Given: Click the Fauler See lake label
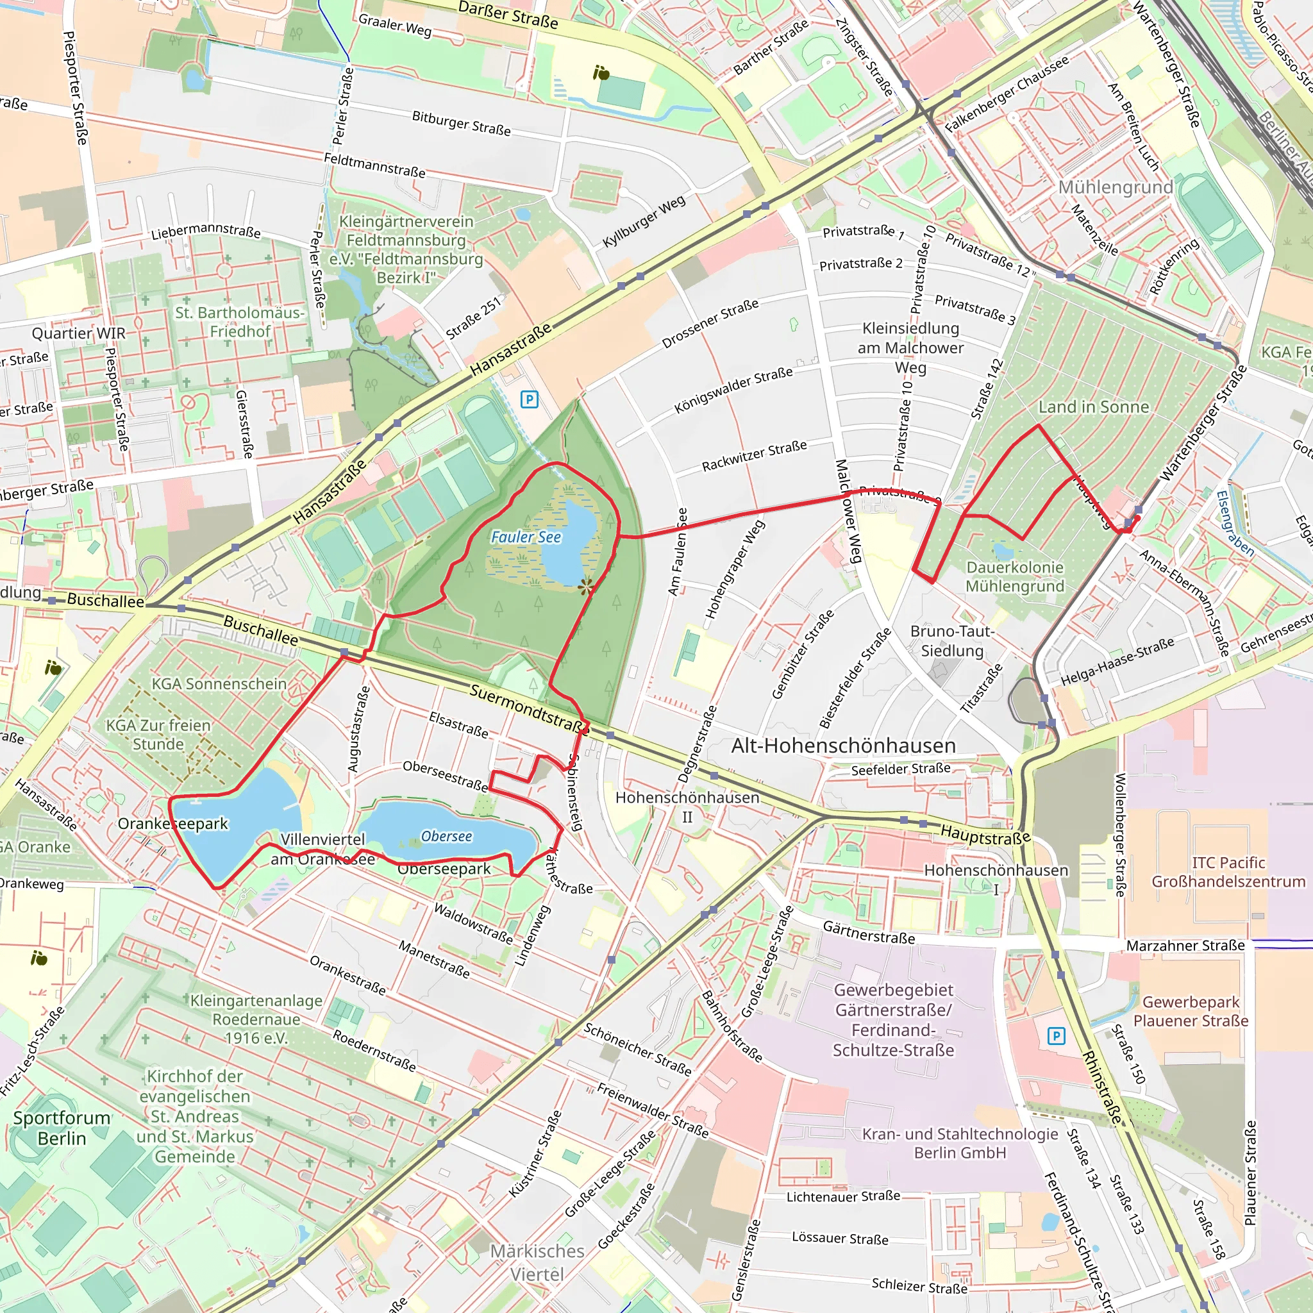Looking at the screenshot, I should pyautogui.click(x=526, y=537).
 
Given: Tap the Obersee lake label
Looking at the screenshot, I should pyautogui.click(x=446, y=836).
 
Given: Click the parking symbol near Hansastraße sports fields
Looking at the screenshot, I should pyautogui.click(x=530, y=399).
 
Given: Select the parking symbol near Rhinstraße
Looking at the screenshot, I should pyautogui.click(x=1056, y=1036).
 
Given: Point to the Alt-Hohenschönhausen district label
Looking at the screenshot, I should pyautogui.click(x=844, y=746).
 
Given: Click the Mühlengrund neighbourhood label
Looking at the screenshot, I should pyautogui.click(x=1116, y=187).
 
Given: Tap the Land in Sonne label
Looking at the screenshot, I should pyautogui.click(x=1094, y=406).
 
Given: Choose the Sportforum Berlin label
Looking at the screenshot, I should pyautogui.click(x=62, y=1128).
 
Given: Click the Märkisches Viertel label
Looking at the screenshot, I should pyautogui.click(x=537, y=1262).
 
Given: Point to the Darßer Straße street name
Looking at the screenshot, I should pyautogui.click(x=508, y=15).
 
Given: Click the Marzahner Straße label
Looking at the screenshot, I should pyautogui.click(x=1185, y=946).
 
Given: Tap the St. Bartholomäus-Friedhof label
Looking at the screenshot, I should pyautogui.click(x=240, y=321).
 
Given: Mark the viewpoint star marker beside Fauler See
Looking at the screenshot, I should pyautogui.click(x=586, y=585).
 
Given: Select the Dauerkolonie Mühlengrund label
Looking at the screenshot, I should pyautogui.click(x=1015, y=576).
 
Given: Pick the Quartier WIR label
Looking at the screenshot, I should pyautogui.click(x=79, y=333).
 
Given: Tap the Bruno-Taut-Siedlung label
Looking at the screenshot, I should pyautogui.click(x=952, y=641).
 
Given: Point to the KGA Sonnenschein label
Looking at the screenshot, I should pyautogui.click(x=219, y=683).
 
